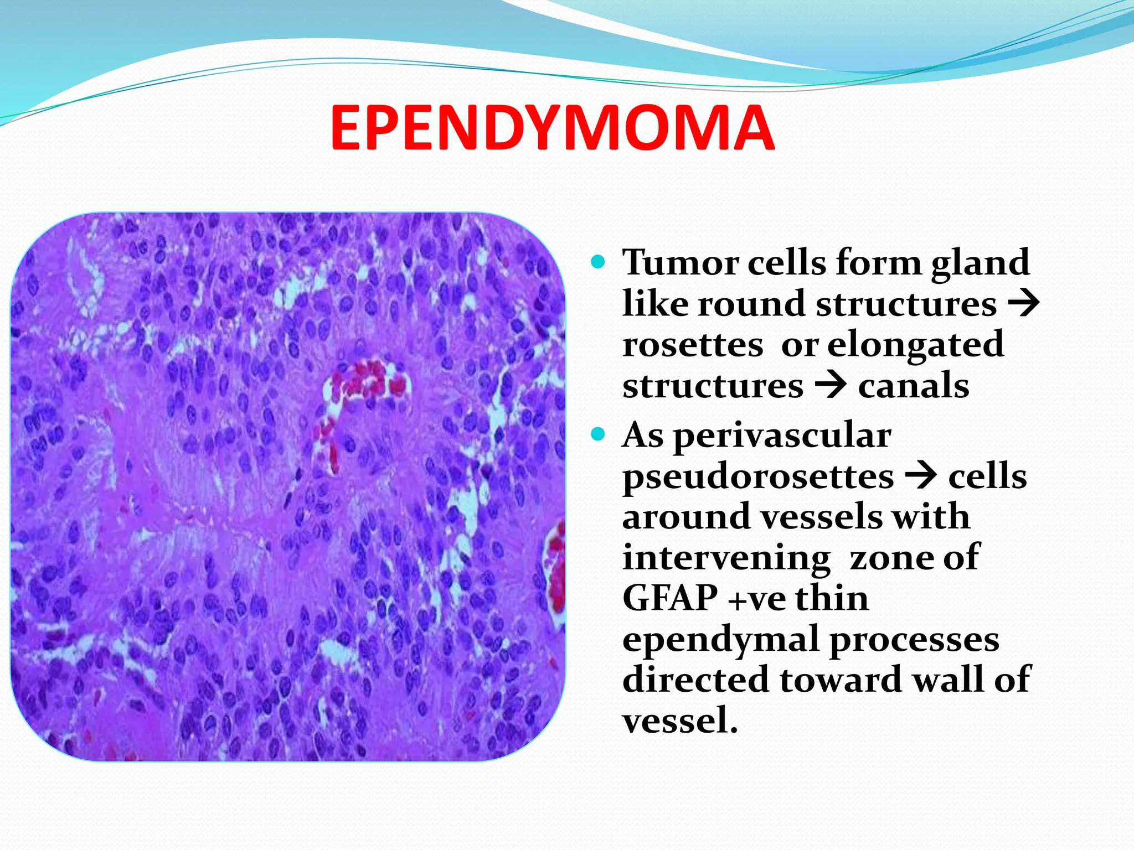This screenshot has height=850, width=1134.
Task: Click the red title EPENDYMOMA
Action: tap(552, 128)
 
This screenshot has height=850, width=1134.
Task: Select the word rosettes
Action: tap(693, 345)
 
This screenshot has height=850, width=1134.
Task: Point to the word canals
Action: tap(914, 386)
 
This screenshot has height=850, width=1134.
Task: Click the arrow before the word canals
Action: tap(831, 385)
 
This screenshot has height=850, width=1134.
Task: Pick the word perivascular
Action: tap(782, 436)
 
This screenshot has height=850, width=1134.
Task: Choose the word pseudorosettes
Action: tap(758, 476)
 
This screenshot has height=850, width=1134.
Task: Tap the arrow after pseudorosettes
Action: tap(921, 475)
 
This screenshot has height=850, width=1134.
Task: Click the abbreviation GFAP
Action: tap(671, 598)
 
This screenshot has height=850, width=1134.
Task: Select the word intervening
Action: tap(726, 558)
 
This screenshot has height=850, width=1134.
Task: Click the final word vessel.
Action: tap(679, 721)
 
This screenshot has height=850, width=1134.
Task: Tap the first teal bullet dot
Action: tap(598, 261)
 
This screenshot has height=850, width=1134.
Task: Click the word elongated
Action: tap(915, 344)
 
